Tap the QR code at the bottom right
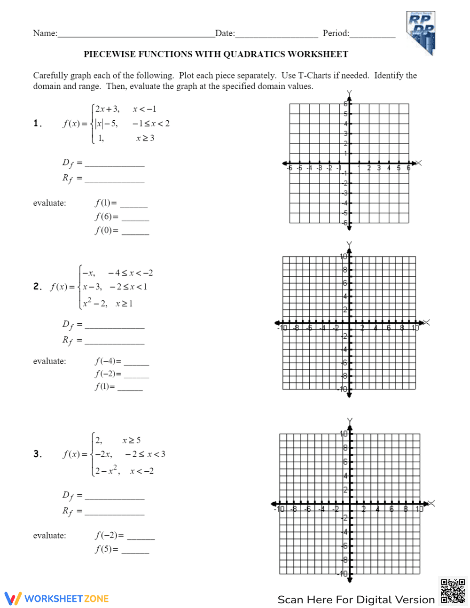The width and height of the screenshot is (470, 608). point(453,591)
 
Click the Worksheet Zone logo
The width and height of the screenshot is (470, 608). point(57,598)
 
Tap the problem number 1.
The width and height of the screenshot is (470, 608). point(38,124)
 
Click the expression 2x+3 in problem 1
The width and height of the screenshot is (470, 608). point(107,109)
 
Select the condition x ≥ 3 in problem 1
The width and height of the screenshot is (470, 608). point(145,138)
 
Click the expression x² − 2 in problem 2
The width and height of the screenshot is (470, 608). point(95,304)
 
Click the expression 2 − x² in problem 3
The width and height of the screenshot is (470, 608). point(107,471)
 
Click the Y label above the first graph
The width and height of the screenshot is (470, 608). point(349,94)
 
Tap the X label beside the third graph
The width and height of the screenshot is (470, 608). point(432,503)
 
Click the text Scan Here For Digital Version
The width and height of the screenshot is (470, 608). point(356,600)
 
